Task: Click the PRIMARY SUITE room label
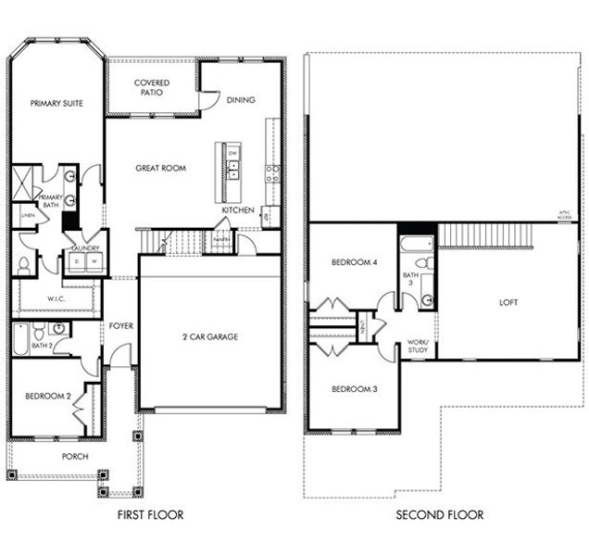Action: point(56,104)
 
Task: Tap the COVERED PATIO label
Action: point(152,88)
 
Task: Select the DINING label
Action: point(240,100)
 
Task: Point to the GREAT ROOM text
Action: point(161,169)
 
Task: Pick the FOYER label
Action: point(121,325)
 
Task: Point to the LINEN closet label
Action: point(28,216)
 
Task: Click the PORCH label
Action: point(75,457)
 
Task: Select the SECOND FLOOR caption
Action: point(439,514)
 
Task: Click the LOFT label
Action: point(508,302)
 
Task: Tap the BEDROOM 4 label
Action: point(354,262)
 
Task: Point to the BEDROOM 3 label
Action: point(354,388)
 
